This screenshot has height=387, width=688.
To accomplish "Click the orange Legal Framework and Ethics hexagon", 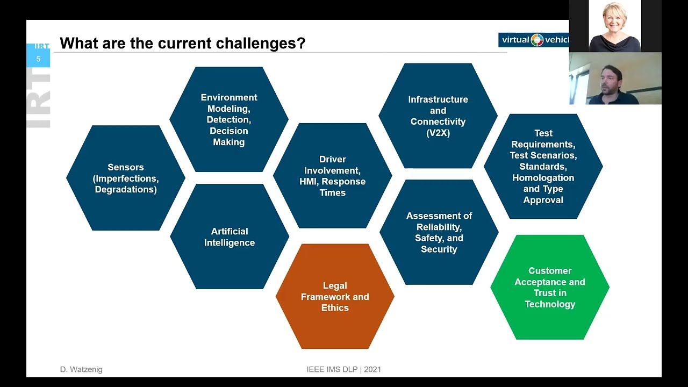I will point(335,297).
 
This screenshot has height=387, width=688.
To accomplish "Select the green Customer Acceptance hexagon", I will point(550,287).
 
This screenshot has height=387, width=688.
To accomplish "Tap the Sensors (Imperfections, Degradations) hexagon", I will point(126,178).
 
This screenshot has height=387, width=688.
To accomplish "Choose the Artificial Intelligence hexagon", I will point(230,236).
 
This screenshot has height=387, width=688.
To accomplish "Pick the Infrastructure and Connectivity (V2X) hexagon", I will point(438,116).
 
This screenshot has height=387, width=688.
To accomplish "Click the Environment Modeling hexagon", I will point(229,119).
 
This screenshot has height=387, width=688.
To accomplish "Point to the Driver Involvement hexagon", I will point(333,176).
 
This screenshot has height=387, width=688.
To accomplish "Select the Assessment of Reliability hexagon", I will point(439,232).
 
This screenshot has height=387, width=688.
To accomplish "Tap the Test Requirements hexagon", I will point(543,166).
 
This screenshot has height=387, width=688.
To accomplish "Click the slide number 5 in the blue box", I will point(38,59).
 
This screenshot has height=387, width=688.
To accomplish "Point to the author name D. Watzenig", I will point(81,369).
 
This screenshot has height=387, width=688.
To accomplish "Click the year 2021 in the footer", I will point(372,369).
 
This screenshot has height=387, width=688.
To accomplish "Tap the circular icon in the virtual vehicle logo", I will point(537,40).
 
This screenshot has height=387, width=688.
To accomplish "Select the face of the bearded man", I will point(612,80).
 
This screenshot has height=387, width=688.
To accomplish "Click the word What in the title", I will point(76,44).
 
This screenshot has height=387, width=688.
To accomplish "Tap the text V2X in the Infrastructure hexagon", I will point(438,133).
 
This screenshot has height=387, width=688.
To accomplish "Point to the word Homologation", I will point(543,177).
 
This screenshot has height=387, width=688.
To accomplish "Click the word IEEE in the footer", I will point(316,369).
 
